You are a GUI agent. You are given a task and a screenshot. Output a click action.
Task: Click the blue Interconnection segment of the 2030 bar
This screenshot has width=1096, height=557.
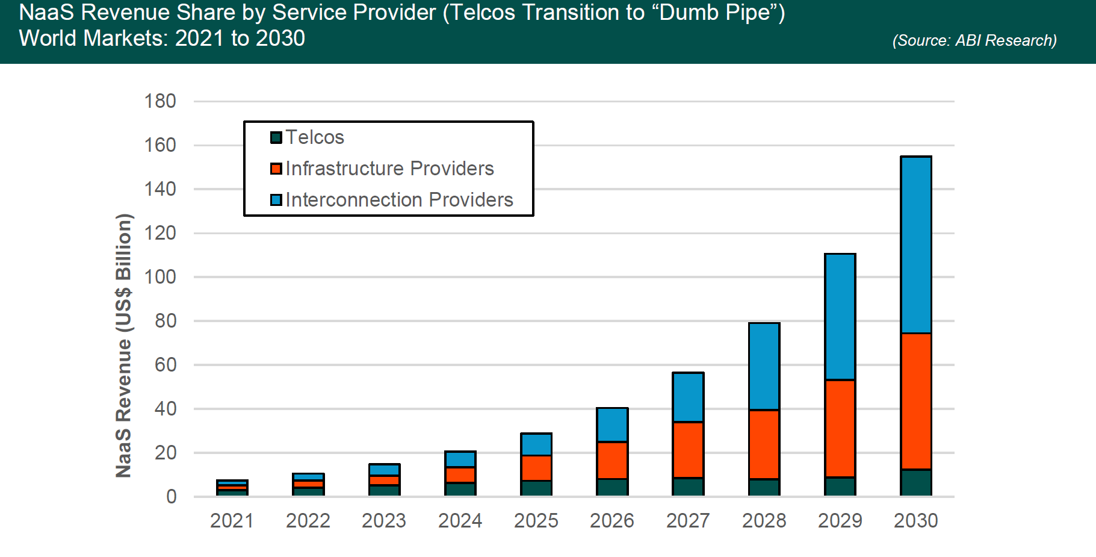click(916, 244)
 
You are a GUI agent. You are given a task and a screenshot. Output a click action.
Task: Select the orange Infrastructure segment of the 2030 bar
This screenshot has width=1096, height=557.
click(916, 401)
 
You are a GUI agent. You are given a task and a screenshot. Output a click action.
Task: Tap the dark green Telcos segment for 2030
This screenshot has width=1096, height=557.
click(916, 482)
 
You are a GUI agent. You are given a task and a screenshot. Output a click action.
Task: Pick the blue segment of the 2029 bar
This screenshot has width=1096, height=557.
click(840, 317)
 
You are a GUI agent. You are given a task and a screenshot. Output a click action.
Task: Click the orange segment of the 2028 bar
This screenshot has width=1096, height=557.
click(764, 444)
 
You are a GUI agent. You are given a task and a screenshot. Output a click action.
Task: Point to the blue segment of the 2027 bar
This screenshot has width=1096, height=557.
click(688, 397)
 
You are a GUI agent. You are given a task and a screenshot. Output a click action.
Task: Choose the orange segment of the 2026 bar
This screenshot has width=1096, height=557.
click(612, 460)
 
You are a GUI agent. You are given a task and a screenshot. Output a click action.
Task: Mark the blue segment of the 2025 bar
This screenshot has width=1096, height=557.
click(536, 444)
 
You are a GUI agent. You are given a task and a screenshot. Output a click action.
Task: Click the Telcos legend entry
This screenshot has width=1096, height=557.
click(308, 137)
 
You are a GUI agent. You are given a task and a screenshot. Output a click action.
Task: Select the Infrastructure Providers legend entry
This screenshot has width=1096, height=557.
click(383, 169)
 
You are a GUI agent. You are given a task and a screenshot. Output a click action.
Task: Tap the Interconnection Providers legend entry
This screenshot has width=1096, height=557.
click(392, 200)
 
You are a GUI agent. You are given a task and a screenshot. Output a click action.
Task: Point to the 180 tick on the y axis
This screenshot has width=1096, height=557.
click(160, 101)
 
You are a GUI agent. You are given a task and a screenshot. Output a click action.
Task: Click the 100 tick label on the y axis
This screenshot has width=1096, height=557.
click(160, 277)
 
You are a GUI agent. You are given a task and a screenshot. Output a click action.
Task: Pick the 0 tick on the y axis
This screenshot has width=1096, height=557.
click(171, 497)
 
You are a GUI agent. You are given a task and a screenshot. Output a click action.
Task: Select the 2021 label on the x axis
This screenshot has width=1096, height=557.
click(232, 520)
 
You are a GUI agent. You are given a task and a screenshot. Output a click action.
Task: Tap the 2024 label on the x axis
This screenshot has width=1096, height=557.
click(460, 520)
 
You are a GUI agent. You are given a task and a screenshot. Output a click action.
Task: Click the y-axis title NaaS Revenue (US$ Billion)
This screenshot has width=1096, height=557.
click(123, 346)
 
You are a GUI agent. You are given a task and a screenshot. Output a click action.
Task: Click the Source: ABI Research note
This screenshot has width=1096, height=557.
click(974, 40)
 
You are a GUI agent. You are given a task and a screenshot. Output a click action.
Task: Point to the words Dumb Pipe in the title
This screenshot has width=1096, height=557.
click(714, 13)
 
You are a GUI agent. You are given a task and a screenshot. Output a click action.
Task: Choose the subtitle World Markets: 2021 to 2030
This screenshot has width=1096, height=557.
click(162, 39)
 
